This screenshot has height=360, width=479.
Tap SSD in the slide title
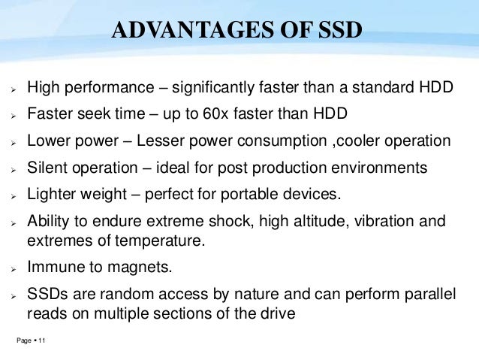335,30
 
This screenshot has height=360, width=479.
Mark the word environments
380,167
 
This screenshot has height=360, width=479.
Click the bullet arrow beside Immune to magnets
14,267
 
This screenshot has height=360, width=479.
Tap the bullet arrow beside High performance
14,90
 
